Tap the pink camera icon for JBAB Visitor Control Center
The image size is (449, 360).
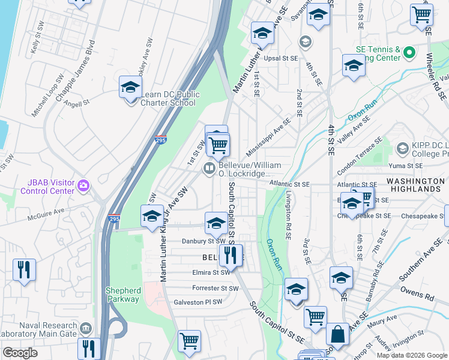[83, 187]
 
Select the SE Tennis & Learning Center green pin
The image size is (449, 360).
[410, 53]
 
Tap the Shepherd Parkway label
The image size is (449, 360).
[123, 295]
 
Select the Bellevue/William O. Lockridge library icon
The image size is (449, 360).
[209, 169]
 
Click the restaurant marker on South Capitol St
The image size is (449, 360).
[231, 256]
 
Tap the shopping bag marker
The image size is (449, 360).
[338, 336]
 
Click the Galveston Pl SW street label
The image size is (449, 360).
[197, 302]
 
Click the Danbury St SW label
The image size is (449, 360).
[203, 241]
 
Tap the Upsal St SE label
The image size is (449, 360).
[281, 58]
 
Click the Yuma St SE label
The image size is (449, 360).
[406, 166]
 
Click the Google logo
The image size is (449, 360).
[20, 353]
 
